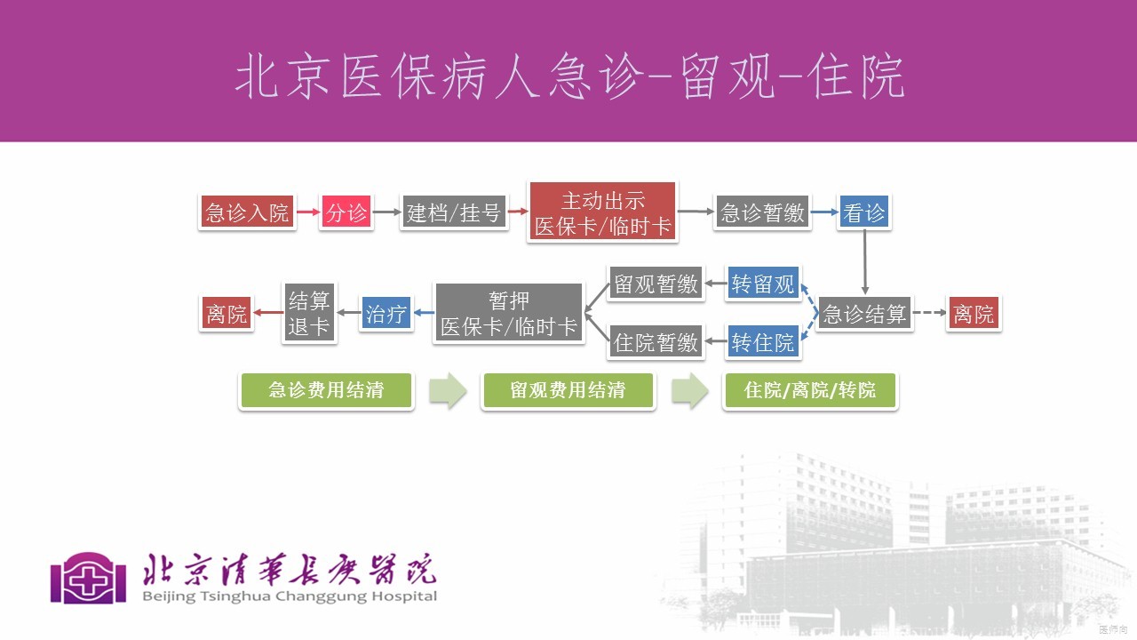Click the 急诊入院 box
pos(247,212)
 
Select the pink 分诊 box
pos(346,212)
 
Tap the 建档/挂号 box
pos(454,212)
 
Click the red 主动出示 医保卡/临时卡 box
pos(602,212)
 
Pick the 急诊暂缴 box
pos(762,212)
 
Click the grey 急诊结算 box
pos(864,313)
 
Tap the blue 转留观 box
pos(763,284)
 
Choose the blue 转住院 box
pos(763,342)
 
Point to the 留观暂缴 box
pos(656,284)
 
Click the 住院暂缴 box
pos(656,342)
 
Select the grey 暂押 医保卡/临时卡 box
pos(509,313)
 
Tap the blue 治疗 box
pos(386,313)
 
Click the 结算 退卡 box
pos(309,313)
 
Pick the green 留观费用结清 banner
pos(568,390)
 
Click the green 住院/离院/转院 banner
pos(810,390)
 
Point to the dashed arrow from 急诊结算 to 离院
pos(928,313)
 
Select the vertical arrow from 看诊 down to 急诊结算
pos(864,261)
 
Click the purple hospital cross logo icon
pos(89,578)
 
